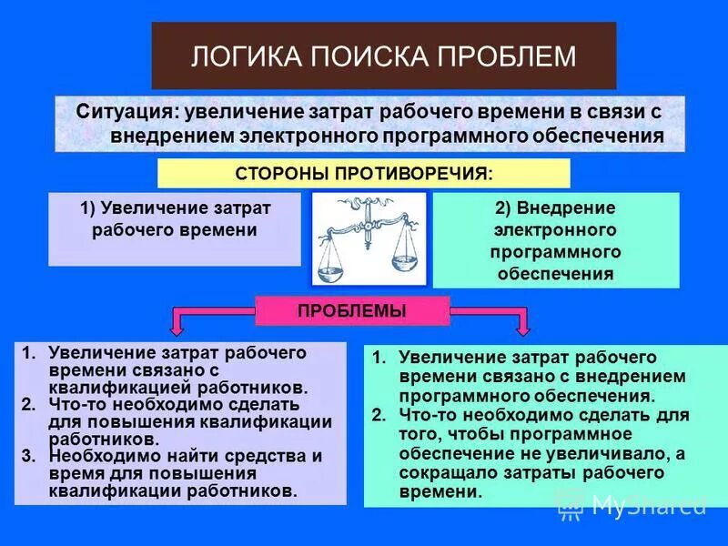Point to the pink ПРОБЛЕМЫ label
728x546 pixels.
(x=352, y=310)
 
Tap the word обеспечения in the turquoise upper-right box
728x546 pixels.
(x=556, y=273)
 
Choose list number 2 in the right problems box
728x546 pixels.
(x=378, y=416)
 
